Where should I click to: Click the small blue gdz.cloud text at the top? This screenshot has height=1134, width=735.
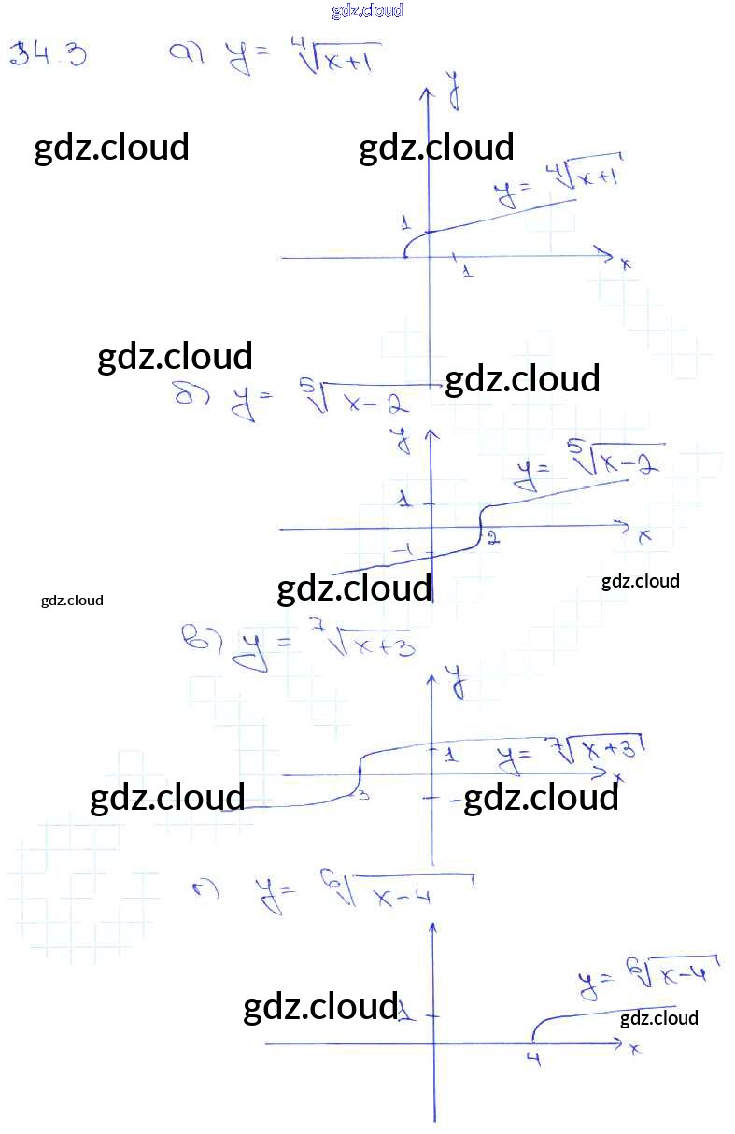point(367,11)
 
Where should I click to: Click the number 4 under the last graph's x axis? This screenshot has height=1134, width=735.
point(533,1058)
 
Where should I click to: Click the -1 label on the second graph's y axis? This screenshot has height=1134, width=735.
point(404,551)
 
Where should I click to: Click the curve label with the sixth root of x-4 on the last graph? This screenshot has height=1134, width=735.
point(645,975)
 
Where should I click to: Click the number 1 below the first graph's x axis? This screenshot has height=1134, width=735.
point(466,271)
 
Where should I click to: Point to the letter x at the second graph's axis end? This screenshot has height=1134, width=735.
point(644,536)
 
